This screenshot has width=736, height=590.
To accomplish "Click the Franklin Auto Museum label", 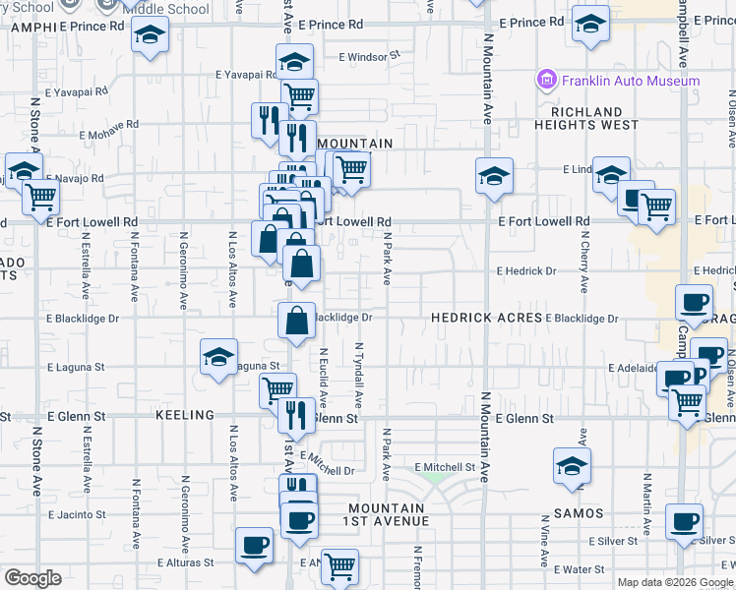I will click(630, 81).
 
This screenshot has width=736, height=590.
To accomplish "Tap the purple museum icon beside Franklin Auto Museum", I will click(545, 79).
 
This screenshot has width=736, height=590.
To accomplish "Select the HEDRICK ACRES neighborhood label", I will click(487, 318).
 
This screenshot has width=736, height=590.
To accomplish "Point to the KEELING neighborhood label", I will click(184, 416).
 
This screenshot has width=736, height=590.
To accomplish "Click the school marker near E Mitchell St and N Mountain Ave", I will click(572, 466).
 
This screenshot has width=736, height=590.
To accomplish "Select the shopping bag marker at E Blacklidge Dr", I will click(296, 320).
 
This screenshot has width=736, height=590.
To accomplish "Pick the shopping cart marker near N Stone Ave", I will click(41, 198).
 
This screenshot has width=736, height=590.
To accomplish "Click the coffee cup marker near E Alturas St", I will click(254, 545).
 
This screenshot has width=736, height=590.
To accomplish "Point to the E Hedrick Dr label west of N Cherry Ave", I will click(526, 270).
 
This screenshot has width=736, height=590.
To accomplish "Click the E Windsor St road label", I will click(370, 57).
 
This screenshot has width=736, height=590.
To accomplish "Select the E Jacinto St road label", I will click(76, 514).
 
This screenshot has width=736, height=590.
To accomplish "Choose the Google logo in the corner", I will click(32, 578).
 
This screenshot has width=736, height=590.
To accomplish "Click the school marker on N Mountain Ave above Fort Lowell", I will click(494, 176).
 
